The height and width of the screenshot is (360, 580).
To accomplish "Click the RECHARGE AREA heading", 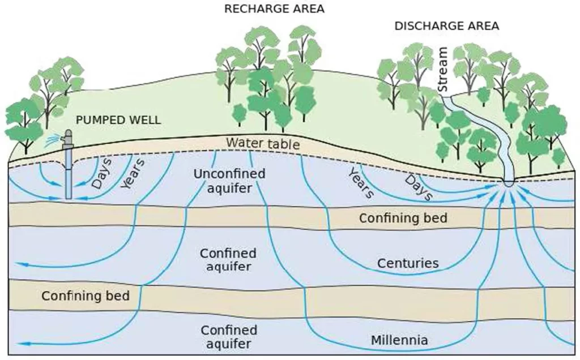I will [x=275, y=9].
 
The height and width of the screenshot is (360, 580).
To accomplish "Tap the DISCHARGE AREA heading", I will [x=447, y=26].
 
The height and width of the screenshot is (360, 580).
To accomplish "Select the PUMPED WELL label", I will [x=118, y=120].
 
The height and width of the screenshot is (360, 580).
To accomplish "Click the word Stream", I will [x=443, y=70].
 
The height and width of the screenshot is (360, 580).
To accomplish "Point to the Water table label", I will [x=262, y=143].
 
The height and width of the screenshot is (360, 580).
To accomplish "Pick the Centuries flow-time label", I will [x=408, y=263].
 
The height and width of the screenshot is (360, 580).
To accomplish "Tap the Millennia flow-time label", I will [x=399, y=341].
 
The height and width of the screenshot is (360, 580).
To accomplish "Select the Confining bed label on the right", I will [x=403, y=218].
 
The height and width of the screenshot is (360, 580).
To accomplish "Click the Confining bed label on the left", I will [x=86, y=295].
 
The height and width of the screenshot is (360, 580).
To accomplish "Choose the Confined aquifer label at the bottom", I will [x=229, y=336].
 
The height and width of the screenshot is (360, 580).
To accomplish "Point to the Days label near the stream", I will [x=418, y=187].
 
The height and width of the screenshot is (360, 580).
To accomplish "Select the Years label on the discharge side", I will [x=360, y=183].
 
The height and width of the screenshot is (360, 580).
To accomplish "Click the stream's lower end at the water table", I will [x=507, y=182].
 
